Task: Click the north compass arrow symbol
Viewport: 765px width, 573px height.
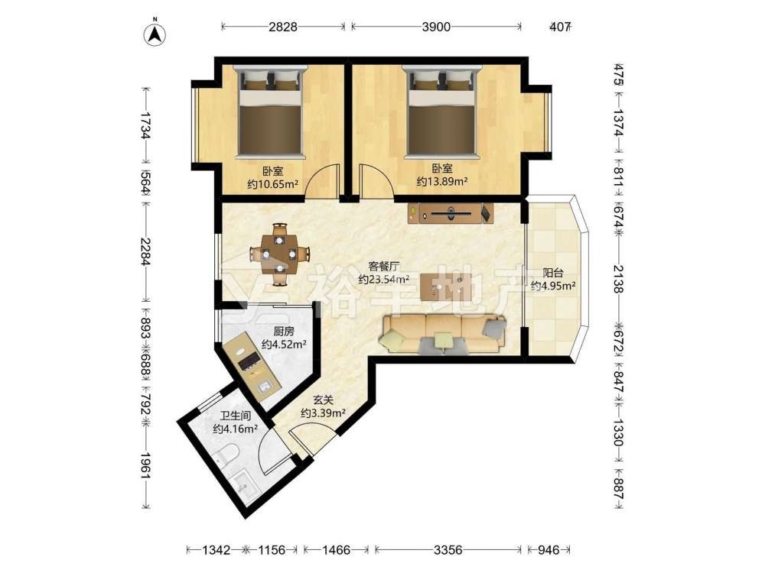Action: coord(155,34)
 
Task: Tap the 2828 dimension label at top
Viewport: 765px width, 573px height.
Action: coord(283,26)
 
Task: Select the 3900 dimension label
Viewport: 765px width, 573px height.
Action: coord(436,26)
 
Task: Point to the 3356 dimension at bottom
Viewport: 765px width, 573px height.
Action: coord(448,550)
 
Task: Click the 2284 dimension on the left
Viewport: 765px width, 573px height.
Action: coord(145,252)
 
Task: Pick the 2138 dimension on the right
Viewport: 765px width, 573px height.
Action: coord(619,279)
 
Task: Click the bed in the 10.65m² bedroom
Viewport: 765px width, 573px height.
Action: coord(272,112)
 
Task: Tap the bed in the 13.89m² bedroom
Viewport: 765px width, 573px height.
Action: coord(442,112)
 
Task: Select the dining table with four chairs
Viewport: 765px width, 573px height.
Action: coord(279,254)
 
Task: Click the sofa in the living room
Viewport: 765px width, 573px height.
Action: coord(444,334)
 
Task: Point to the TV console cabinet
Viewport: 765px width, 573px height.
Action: coord(451,213)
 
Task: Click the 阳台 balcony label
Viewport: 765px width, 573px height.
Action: coord(553,274)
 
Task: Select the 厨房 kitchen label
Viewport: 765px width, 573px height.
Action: coord(284,332)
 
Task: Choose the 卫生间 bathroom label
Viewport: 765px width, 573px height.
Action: coord(235,416)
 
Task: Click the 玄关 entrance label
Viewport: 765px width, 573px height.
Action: coord(323,400)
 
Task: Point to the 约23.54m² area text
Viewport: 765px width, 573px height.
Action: coord(384,279)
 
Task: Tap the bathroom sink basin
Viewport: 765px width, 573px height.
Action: coord(243,483)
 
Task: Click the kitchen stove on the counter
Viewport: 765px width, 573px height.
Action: coord(248,361)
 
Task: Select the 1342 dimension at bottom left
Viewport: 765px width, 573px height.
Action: coord(216,550)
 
